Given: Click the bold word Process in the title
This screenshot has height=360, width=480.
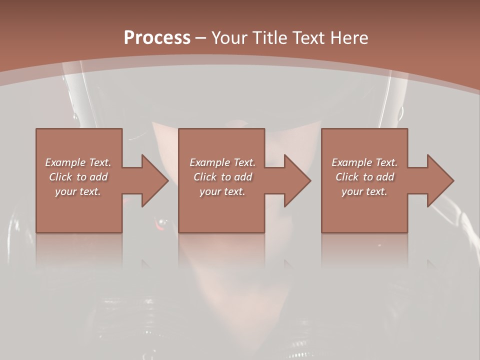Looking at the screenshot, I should [157, 38].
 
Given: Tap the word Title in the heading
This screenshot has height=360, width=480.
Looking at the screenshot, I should [268, 38].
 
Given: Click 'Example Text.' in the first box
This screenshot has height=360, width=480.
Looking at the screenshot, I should [78, 162].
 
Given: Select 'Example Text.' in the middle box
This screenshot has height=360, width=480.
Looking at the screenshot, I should [222, 162].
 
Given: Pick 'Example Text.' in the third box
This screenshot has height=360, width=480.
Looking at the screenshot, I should [364, 162].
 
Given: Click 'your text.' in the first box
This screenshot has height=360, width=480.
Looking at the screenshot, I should [78, 191].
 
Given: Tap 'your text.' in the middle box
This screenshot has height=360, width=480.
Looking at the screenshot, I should [222, 191].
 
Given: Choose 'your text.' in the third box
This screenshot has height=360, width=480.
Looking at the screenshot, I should [364, 191].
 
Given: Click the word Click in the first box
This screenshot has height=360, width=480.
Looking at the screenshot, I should [60, 177].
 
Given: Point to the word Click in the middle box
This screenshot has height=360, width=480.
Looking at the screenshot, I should [205, 177].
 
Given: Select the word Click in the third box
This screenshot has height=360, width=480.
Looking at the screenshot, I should [347, 177].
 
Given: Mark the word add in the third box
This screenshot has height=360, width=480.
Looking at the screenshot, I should [384, 177].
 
